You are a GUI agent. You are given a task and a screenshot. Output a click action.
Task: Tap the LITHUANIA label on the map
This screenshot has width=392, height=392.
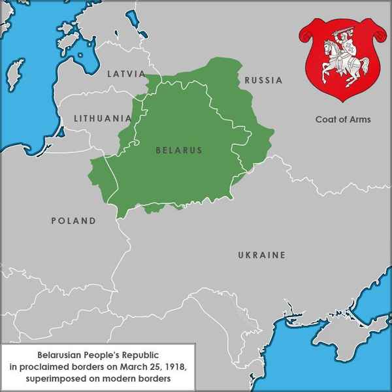(x=103, y=119)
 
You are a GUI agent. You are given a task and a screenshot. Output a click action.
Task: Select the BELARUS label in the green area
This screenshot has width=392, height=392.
(x=179, y=150)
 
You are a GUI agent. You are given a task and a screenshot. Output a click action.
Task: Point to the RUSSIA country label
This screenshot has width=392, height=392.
(x=263, y=81)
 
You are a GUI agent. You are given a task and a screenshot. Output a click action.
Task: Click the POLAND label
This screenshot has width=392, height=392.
(x=74, y=221)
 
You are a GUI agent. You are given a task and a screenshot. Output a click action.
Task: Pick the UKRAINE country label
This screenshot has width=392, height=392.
(x=261, y=255)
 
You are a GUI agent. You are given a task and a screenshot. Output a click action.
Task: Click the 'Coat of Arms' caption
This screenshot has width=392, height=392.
(x=342, y=120)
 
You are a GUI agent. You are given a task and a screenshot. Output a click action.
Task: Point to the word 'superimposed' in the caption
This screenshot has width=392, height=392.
(x=58, y=378)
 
